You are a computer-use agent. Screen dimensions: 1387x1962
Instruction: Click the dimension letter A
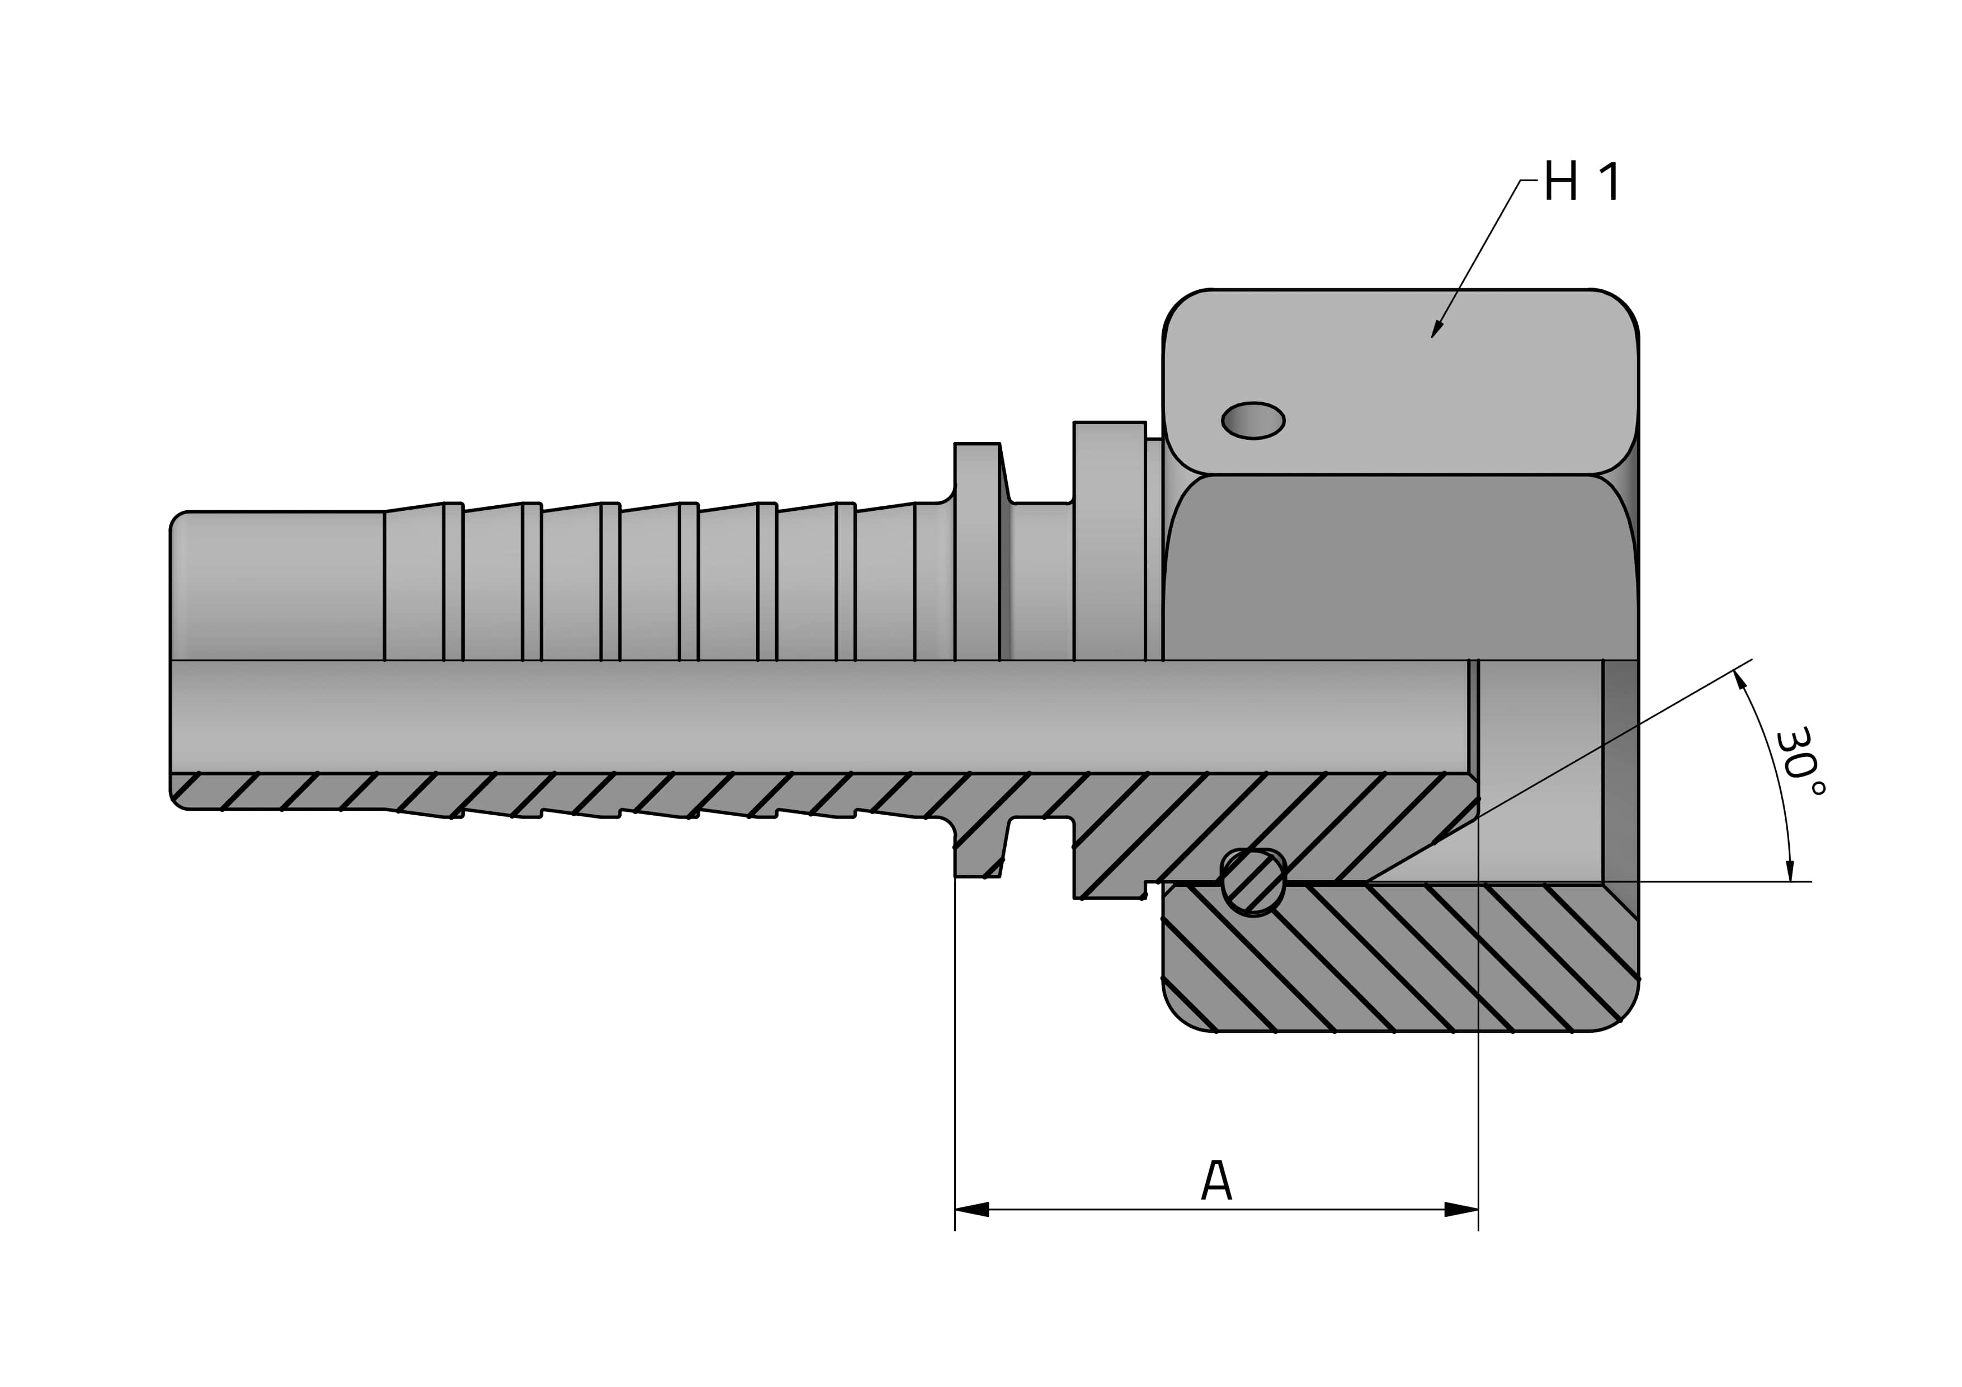[1216, 1181]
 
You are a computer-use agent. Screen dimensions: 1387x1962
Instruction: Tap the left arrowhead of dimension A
[971, 1209]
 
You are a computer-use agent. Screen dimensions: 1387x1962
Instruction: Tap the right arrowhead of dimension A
[1461, 1209]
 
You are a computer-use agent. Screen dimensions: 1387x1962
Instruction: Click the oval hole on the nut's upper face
[1253, 420]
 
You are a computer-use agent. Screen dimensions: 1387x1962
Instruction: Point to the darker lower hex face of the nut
[1402, 568]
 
